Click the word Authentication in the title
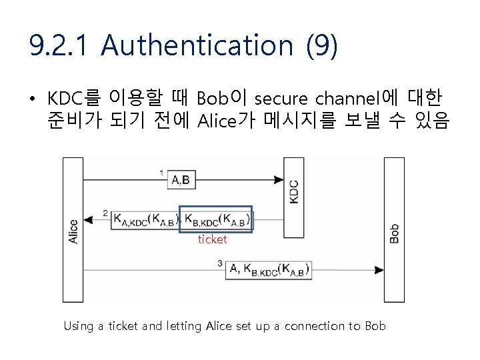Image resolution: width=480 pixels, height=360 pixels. [x=197, y=46]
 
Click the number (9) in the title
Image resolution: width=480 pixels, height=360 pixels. [x=322, y=46]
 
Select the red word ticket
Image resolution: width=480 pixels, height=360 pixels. [x=212, y=239]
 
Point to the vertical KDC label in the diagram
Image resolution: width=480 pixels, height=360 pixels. [x=294, y=193]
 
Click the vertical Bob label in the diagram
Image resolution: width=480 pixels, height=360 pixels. [x=394, y=233]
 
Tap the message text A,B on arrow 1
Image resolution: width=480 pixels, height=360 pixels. [x=180, y=179]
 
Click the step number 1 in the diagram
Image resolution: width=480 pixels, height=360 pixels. [x=162, y=173]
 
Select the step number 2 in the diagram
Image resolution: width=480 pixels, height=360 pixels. [x=106, y=213]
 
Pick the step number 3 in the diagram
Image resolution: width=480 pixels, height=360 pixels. [x=220, y=264]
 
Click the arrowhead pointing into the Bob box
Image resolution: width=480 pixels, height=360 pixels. [x=379, y=270]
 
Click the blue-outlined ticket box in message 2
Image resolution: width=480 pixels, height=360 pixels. [x=216, y=218]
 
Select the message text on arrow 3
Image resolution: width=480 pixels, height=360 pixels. [x=269, y=269]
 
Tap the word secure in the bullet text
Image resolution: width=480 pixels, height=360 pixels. [x=281, y=99]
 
